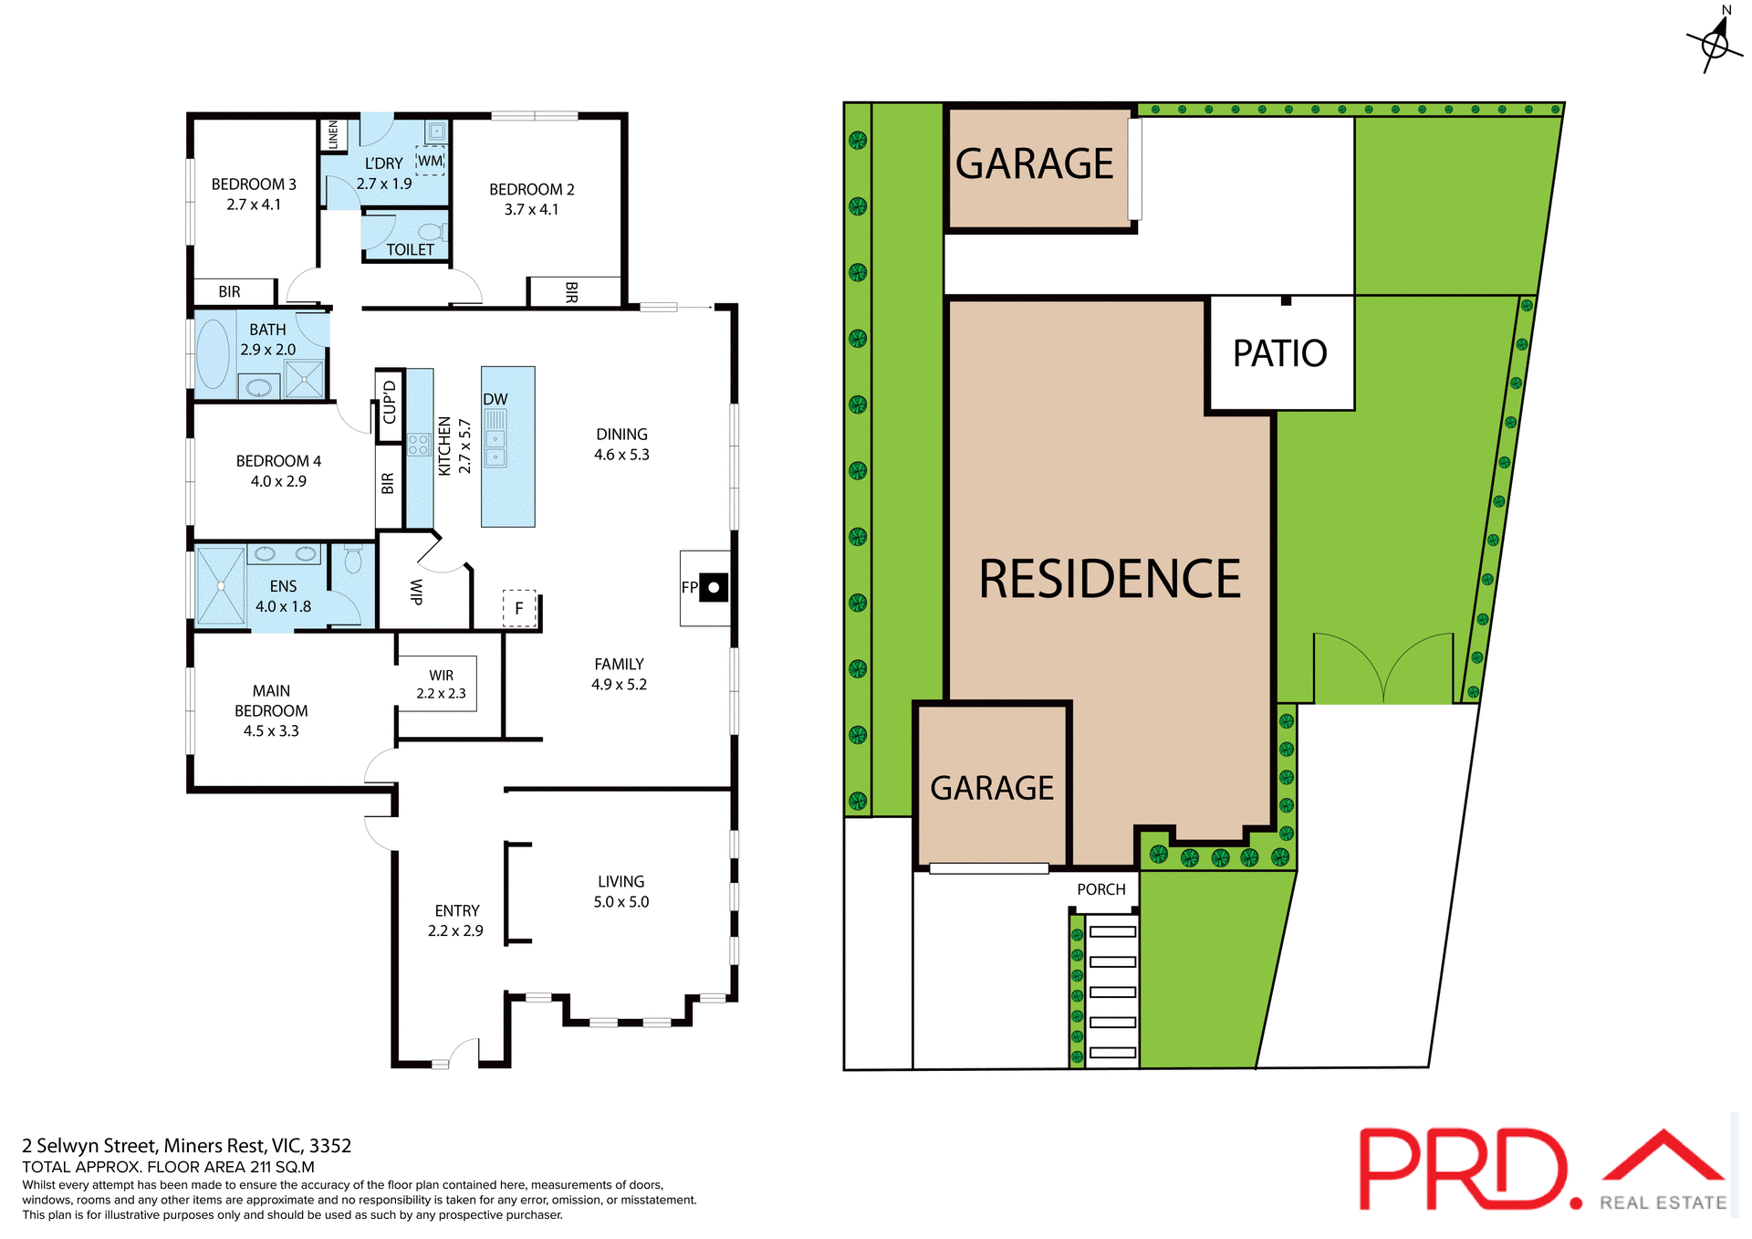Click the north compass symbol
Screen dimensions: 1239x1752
(x=1715, y=42)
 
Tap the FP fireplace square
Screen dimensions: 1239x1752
(x=714, y=587)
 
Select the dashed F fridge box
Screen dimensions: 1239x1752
(x=519, y=608)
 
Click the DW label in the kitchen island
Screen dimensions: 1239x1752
(x=495, y=399)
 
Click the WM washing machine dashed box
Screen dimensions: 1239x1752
(x=430, y=161)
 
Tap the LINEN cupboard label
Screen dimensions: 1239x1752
(x=333, y=134)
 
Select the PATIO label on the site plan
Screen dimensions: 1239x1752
(x=1279, y=353)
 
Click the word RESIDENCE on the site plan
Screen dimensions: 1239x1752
(x=1109, y=579)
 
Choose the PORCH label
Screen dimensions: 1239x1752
(x=1100, y=889)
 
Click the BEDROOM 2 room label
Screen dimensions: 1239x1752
(x=531, y=189)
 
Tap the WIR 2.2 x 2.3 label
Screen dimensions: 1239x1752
(x=441, y=684)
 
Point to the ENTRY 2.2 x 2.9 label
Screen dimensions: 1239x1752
(x=456, y=920)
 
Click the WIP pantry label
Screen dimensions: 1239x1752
(x=416, y=592)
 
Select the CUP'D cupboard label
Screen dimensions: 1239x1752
(x=390, y=403)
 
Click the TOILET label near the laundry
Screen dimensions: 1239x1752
(x=410, y=249)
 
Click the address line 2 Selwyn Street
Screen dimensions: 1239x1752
(x=186, y=1145)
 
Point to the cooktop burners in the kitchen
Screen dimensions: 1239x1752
(x=419, y=445)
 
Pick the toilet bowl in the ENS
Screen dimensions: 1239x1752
(x=353, y=558)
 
